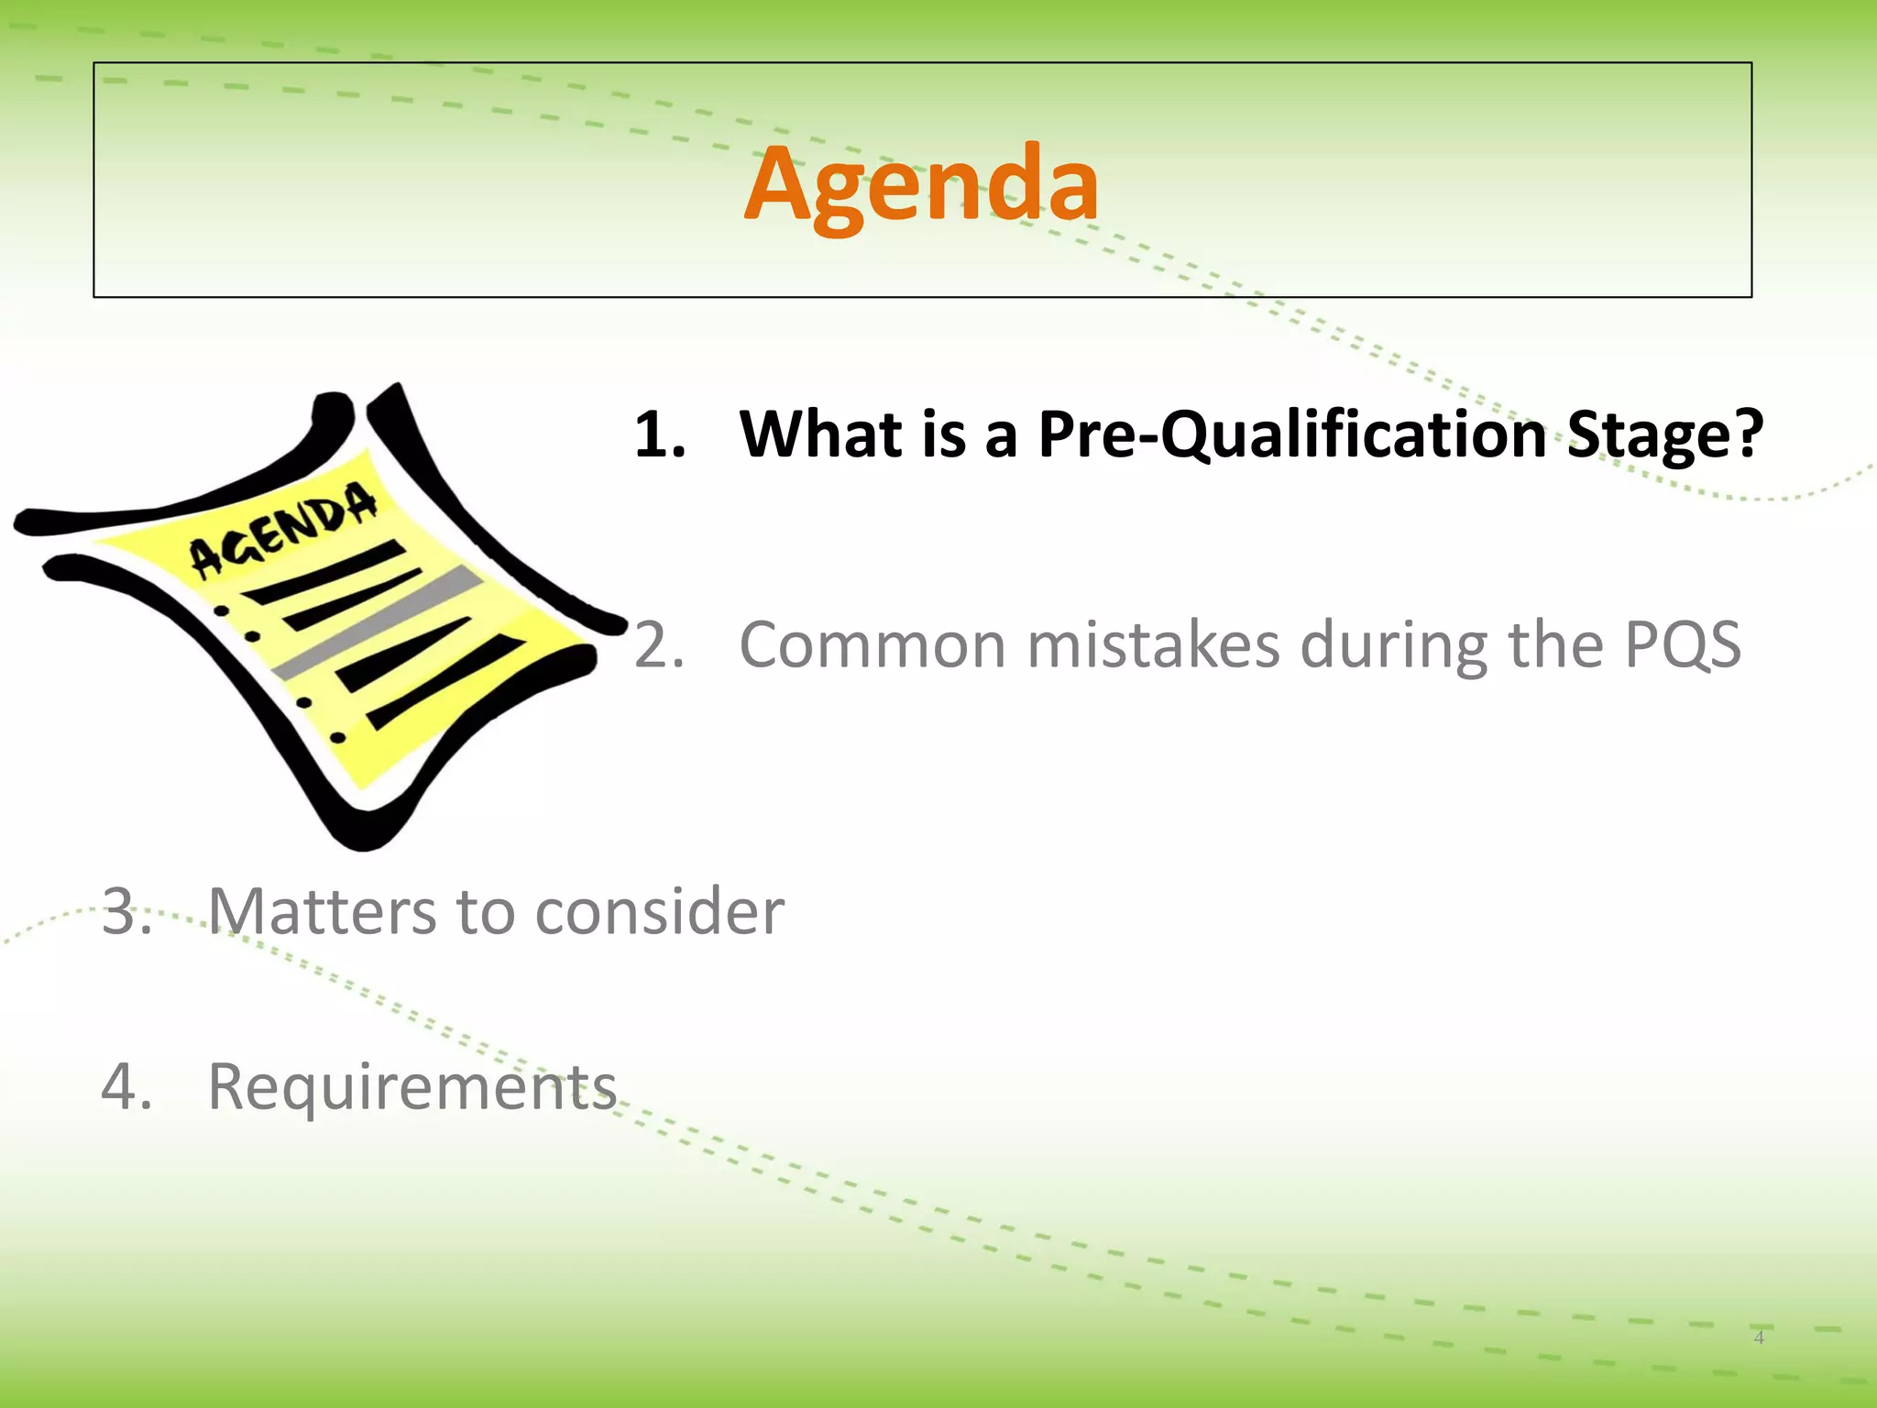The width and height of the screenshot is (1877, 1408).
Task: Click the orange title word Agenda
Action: click(x=921, y=186)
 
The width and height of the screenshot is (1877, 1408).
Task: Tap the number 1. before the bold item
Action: click(x=659, y=434)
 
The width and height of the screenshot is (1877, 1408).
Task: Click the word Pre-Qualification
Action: click(x=1292, y=434)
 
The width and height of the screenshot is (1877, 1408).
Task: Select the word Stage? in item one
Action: click(x=1665, y=435)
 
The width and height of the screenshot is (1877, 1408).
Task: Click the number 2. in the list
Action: click(x=659, y=645)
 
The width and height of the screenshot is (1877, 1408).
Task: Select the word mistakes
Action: click(x=1153, y=645)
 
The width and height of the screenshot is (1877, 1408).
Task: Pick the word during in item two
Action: click(x=1393, y=645)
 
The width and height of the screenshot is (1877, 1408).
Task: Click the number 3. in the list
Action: click(x=126, y=912)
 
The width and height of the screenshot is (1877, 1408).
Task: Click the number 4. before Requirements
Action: click(x=126, y=1087)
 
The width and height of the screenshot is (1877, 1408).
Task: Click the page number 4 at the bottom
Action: click(x=1759, y=1337)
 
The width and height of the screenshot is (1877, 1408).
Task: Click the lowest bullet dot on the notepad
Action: click(x=337, y=736)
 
